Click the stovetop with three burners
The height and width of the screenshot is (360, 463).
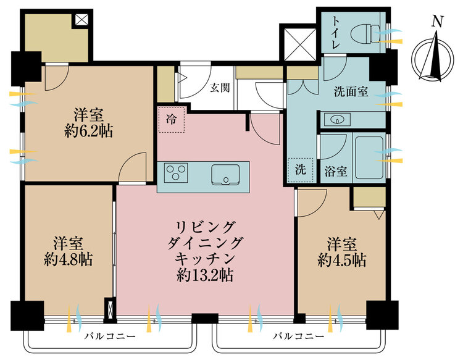[176, 173]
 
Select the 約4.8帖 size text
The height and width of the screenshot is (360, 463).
[68, 259]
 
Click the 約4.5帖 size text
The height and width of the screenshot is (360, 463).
[342, 259]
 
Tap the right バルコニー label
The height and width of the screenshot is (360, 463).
[299, 336]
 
